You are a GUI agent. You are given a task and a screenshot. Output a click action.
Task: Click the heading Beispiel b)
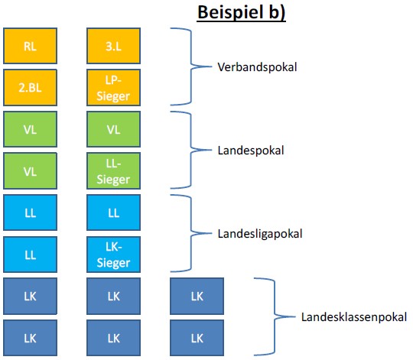(241, 12)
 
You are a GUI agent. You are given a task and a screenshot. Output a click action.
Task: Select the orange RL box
(30, 46)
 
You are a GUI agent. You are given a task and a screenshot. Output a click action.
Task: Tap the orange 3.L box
(113, 46)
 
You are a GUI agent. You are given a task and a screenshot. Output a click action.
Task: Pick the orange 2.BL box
(30, 87)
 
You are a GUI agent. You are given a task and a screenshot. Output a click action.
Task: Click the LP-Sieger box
(113, 87)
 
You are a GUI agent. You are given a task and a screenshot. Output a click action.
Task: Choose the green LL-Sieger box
(113, 171)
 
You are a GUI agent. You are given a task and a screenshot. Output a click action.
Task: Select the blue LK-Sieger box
(113, 255)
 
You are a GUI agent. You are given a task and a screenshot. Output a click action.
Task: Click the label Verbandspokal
(257, 66)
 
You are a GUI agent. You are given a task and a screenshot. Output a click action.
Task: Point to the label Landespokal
(251, 151)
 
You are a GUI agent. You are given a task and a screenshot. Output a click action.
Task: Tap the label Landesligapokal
(260, 234)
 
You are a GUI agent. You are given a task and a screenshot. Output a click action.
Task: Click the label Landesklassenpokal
(354, 317)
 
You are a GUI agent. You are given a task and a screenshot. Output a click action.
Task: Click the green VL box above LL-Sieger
(113, 129)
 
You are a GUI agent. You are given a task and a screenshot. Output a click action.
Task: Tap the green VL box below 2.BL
(30, 129)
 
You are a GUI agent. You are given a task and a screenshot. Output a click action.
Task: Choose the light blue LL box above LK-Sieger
(113, 212)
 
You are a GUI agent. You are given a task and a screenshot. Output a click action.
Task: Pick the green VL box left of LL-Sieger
(30, 171)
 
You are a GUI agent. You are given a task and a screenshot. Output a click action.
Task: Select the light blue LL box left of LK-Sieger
(30, 255)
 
